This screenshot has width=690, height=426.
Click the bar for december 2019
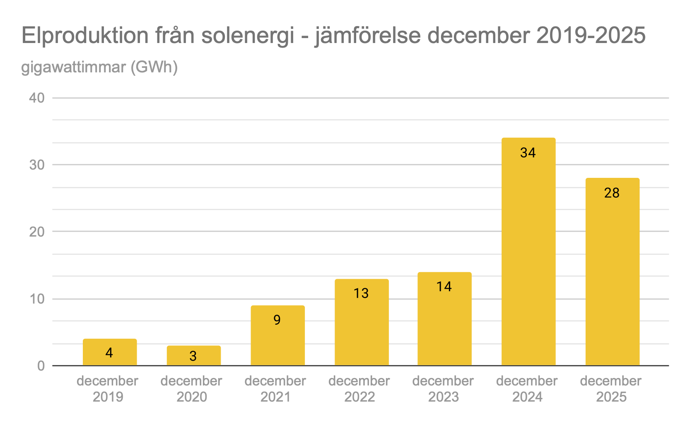(x=110, y=352)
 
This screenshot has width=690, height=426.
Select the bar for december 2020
(x=193, y=355)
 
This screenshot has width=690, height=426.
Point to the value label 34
(x=528, y=153)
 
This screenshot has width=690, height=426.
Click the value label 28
(x=612, y=193)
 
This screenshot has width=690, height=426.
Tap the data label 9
(x=277, y=320)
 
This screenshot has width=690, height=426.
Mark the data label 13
(x=361, y=293)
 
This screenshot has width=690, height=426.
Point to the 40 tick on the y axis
(x=37, y=98)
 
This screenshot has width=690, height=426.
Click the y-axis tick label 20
(x=37, y=232)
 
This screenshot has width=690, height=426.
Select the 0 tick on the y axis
(x=41, y=366)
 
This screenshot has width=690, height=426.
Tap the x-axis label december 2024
(x=527, y=389)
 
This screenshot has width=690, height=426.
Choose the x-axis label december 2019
(x=107, y=389)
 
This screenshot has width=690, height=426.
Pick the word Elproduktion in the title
(x=85, y=36)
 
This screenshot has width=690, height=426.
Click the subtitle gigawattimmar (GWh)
(x=99, y=67)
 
